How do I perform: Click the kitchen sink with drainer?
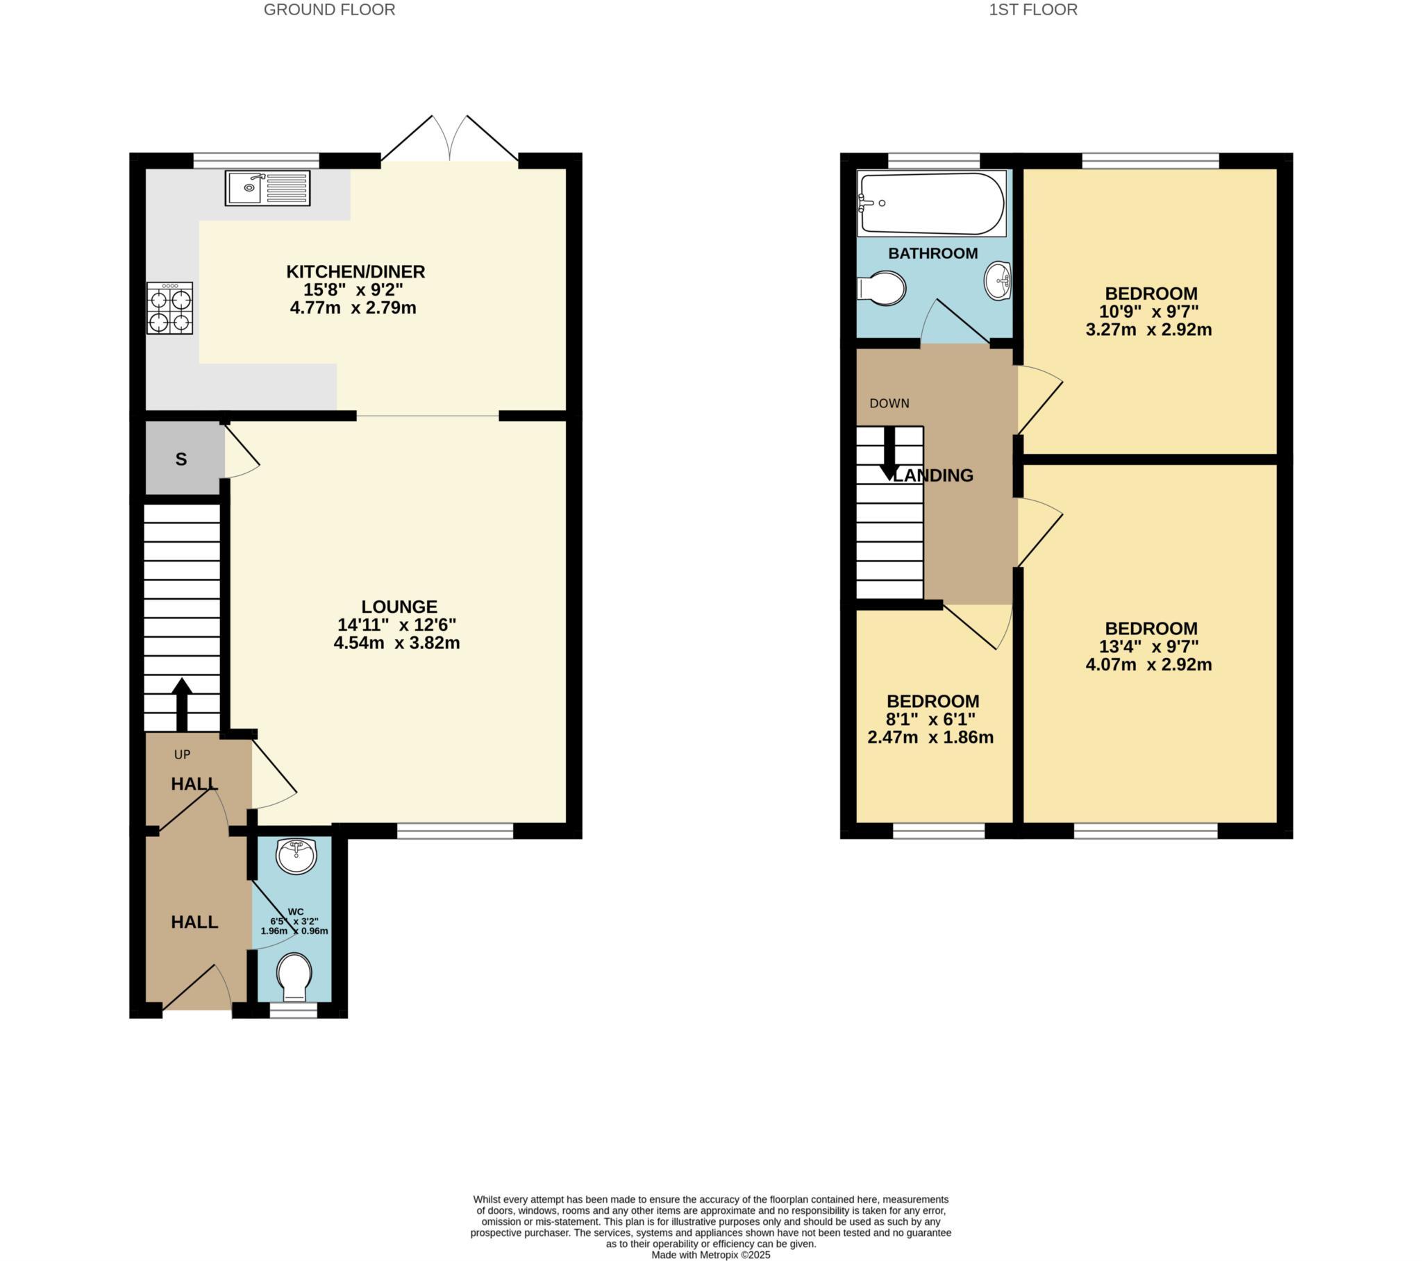(x=267, y=187)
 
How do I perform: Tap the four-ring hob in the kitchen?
(x=169, y=308)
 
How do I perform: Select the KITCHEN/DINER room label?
(x=355, y=271)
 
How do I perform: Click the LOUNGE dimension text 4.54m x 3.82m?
(x=396, y=643)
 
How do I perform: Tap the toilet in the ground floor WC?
(x=295, y=974)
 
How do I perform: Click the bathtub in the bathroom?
(x=931, y=203)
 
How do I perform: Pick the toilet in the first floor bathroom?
(x=882, y=288)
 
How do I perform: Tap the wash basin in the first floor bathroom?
(x=997, y=281)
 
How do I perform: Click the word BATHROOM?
(x=933, y=253)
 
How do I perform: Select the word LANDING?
(x=935, y=476)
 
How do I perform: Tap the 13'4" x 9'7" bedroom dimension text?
(x=1148, y=647)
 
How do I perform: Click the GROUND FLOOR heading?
(x=329, y=10)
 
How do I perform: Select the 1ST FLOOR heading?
(x=1033, y=10)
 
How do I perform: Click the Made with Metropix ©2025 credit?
(x=710, y=1255)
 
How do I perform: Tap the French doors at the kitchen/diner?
(x=450, y=139)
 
